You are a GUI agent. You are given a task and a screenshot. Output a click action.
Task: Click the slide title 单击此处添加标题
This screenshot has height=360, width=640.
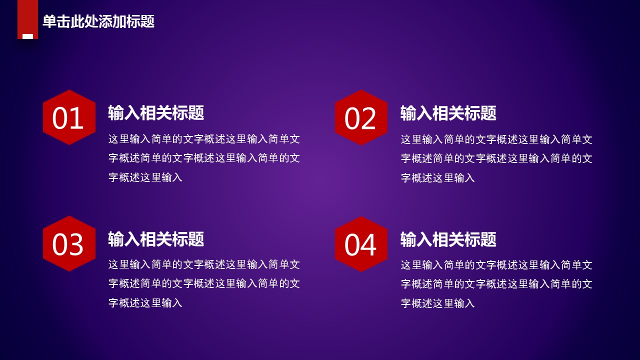(98, 21)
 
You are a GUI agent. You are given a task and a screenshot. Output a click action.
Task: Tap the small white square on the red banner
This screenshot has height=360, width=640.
(27, 36)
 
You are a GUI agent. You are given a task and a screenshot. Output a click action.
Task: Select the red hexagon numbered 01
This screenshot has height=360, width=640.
(69, 117)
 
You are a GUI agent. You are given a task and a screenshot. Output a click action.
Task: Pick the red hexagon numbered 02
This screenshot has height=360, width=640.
(361, 117)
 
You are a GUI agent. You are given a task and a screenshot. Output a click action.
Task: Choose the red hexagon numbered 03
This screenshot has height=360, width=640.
(69, 243)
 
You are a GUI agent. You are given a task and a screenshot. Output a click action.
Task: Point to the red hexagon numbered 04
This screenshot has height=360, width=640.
(361, 244)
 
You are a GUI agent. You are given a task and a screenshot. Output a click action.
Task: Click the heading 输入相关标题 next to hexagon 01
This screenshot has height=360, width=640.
(156, 112)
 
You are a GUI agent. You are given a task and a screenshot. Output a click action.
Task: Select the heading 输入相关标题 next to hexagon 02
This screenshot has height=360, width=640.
(448, 113)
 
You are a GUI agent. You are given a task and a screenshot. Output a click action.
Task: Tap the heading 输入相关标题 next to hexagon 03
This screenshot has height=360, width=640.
(156, 239)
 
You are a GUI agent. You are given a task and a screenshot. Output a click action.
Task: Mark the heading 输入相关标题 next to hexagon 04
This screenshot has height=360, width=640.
(448, 239)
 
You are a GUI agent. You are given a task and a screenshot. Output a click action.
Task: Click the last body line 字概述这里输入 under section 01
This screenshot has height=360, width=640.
(145, 177)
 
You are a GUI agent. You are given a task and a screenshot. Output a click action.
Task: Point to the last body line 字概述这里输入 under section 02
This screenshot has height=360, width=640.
(437, 178)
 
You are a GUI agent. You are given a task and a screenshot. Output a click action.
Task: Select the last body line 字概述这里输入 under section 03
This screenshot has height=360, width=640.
(145, 303)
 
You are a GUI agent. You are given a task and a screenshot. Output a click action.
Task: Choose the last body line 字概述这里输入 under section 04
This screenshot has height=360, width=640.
(437, 303)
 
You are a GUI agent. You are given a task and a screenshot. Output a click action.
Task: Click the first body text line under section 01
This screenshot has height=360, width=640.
(204, 139)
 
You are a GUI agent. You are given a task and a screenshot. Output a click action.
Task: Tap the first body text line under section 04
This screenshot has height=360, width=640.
(496, 265)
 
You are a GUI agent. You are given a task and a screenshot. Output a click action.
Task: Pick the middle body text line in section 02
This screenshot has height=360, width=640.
(496, 158)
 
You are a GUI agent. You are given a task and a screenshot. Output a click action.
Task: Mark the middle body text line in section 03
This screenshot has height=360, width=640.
(204, 283)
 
